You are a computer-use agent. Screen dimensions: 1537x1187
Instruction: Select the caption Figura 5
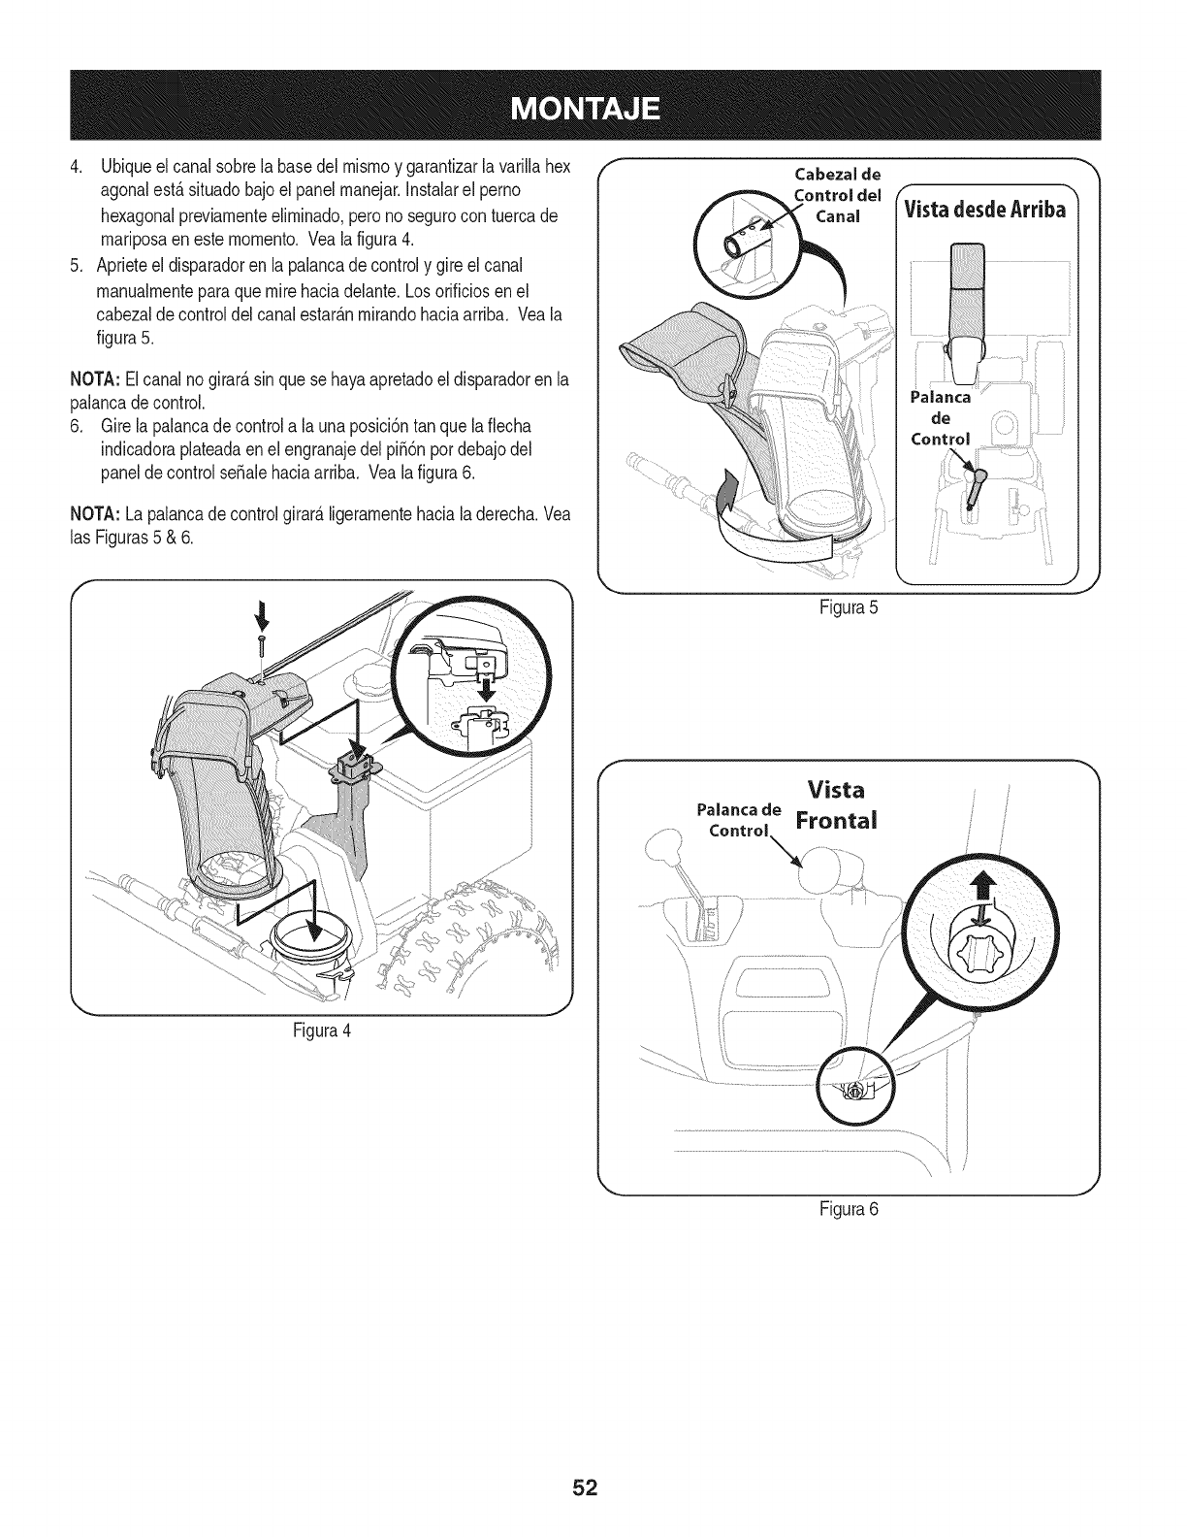pyautogui.click(x=850, y=608)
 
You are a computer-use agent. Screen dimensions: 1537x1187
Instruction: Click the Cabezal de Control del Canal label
pyautogui.click(x=837, y=195)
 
